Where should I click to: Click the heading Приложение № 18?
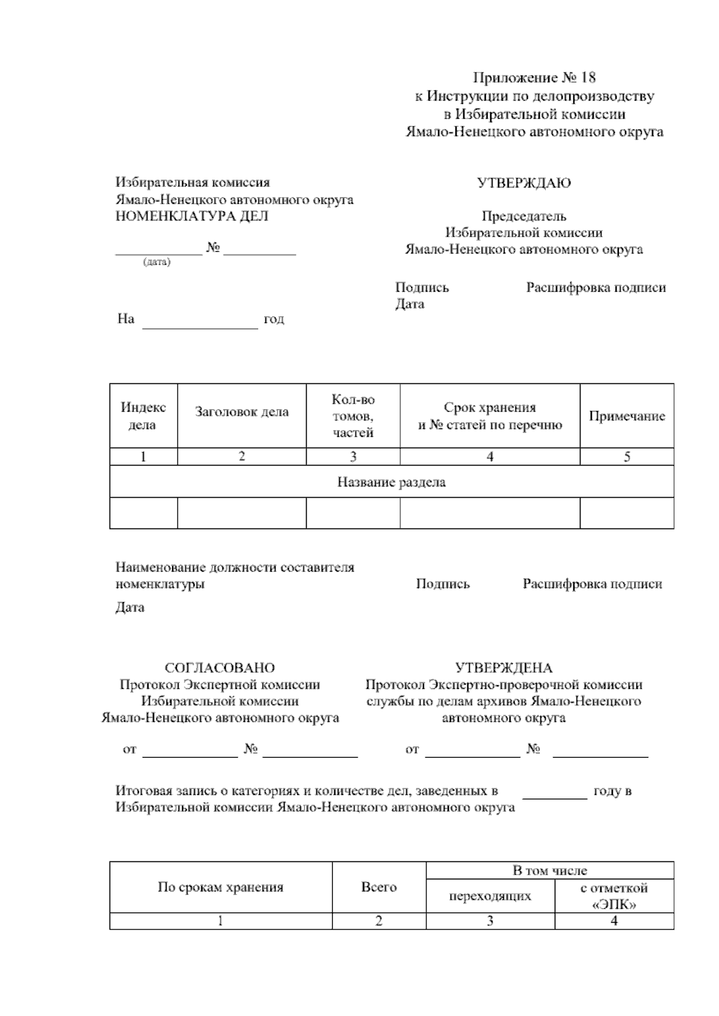(x=534, y=78)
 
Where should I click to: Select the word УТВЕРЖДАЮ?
(x=524, y=183)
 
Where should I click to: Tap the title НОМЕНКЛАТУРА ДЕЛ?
(x=192, y=216)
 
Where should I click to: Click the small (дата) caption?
(x=156, y=262)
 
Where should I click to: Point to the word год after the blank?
(x=274, y=319)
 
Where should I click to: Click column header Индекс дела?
(x=143, y=416)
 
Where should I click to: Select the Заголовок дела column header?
(x=241, y=412)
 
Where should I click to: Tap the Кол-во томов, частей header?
(x=353, y=416)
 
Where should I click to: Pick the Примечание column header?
(x=627, y=416)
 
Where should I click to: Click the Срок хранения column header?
(x=490, y=416)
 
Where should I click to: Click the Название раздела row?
(x=391, y=482)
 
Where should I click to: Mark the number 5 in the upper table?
(x=627, y=457)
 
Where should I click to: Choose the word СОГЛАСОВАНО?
(x=220, y=668)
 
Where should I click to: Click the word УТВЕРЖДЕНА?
(x=504, y=668)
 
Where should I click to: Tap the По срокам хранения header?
(x=220, y=887)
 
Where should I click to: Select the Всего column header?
(x=379, y=887)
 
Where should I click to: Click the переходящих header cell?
(x=490, y=896)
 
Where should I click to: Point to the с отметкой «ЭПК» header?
(x=614, y=896)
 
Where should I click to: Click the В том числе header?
(x=549, y=870)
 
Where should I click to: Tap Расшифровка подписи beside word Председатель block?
(x=596, y=288)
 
